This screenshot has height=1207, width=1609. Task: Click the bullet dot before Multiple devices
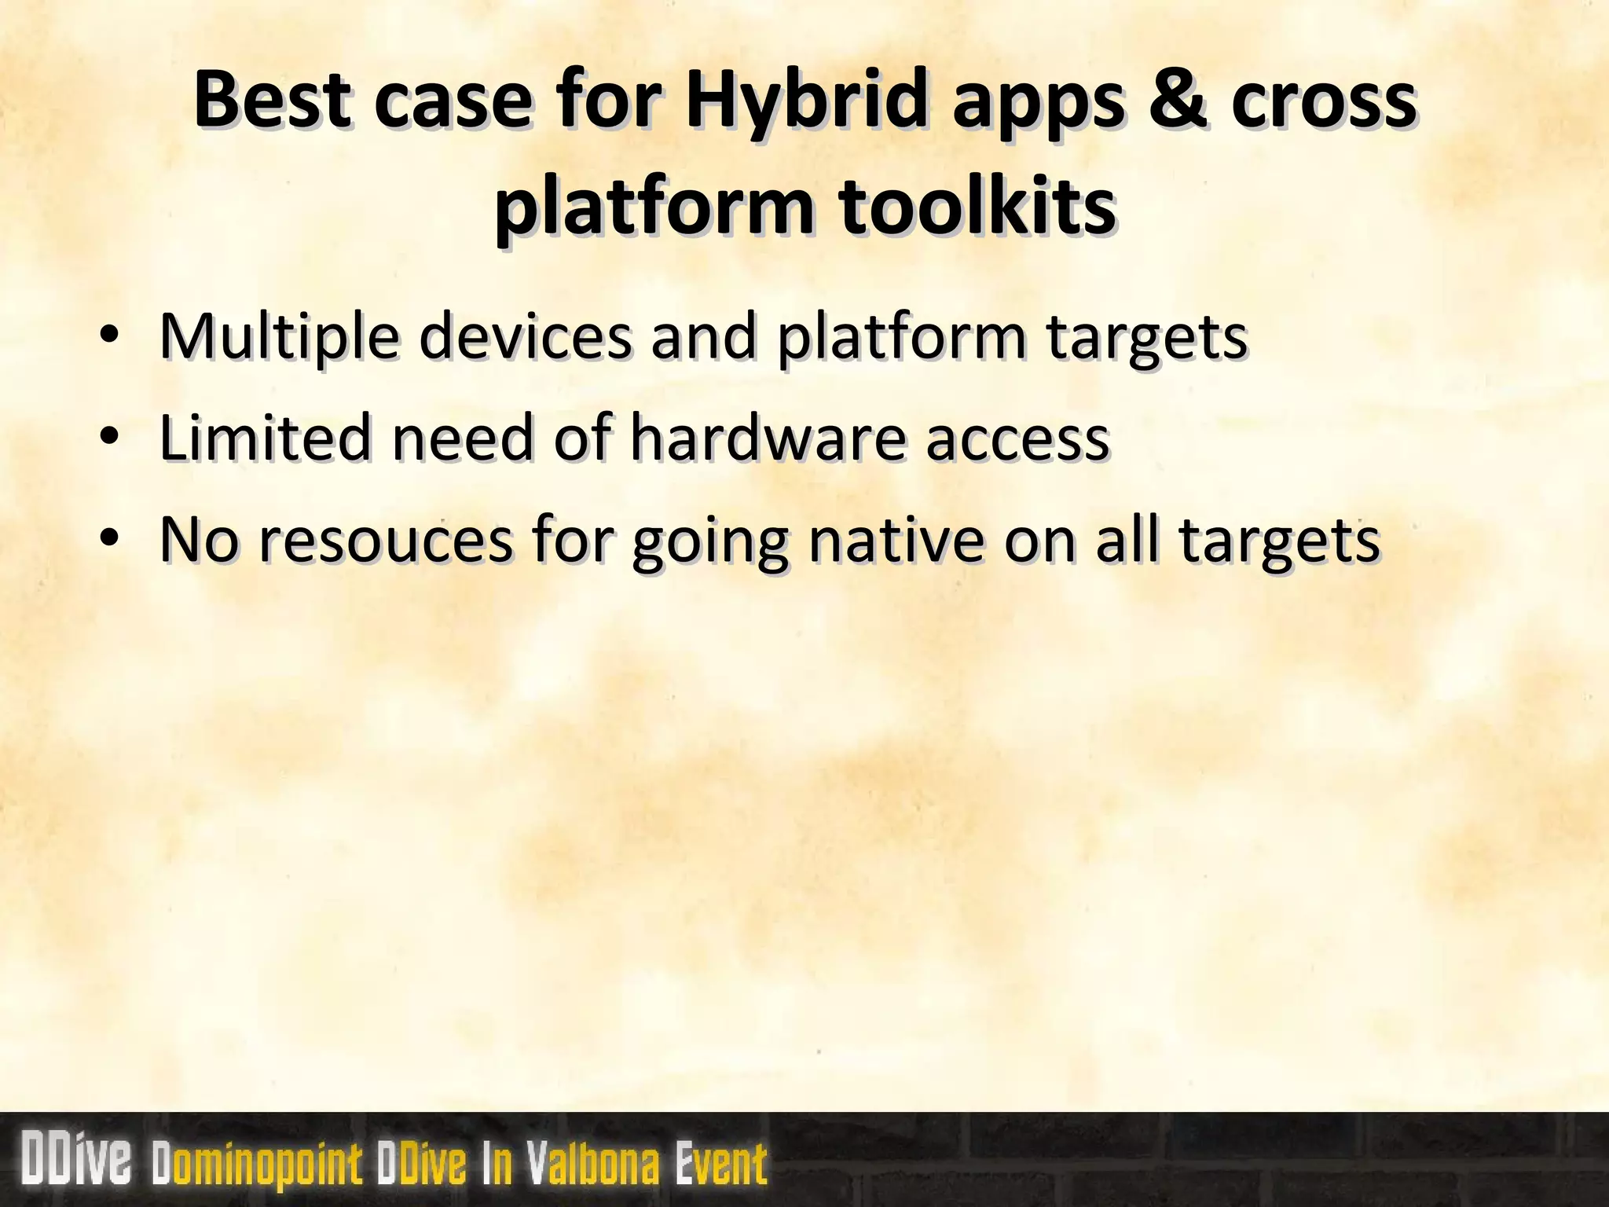109,336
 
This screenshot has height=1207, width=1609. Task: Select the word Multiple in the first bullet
279,336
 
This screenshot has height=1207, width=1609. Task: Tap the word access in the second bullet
1017,438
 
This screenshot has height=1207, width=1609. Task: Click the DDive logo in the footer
77,1161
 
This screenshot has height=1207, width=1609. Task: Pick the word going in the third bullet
710,542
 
